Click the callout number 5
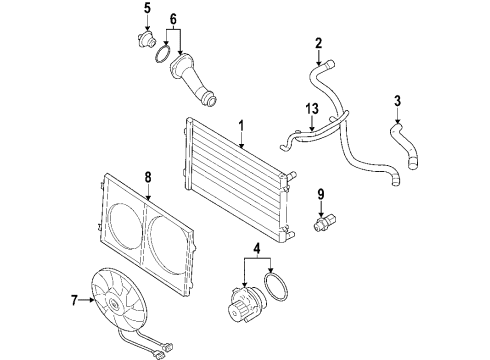coord(147,8)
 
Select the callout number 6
coord(173,19)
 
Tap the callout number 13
coord(312,109)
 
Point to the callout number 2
coord(319,43)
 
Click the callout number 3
coord(397,101)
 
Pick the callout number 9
coord(321,194)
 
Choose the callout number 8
coord(148,177)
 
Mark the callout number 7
coord(74,300)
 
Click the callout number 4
coord(257,247)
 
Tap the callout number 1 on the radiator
coord(241,126)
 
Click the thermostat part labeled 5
coord(146,41)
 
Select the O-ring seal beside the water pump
coord(276,287)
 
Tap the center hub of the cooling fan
coord(113,304)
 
